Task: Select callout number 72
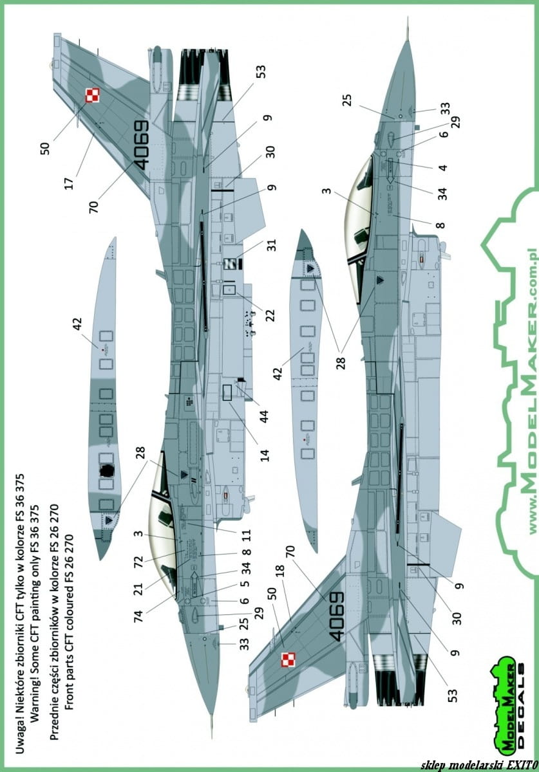click(138, 562)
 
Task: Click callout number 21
click(138, 590)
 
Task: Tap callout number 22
click(270, 315)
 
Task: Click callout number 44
click(264, 417)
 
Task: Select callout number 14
click(264, 455)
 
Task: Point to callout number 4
click(442, 167)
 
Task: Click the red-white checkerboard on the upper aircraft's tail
click(92, 95)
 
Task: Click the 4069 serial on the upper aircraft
click(141, 145)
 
